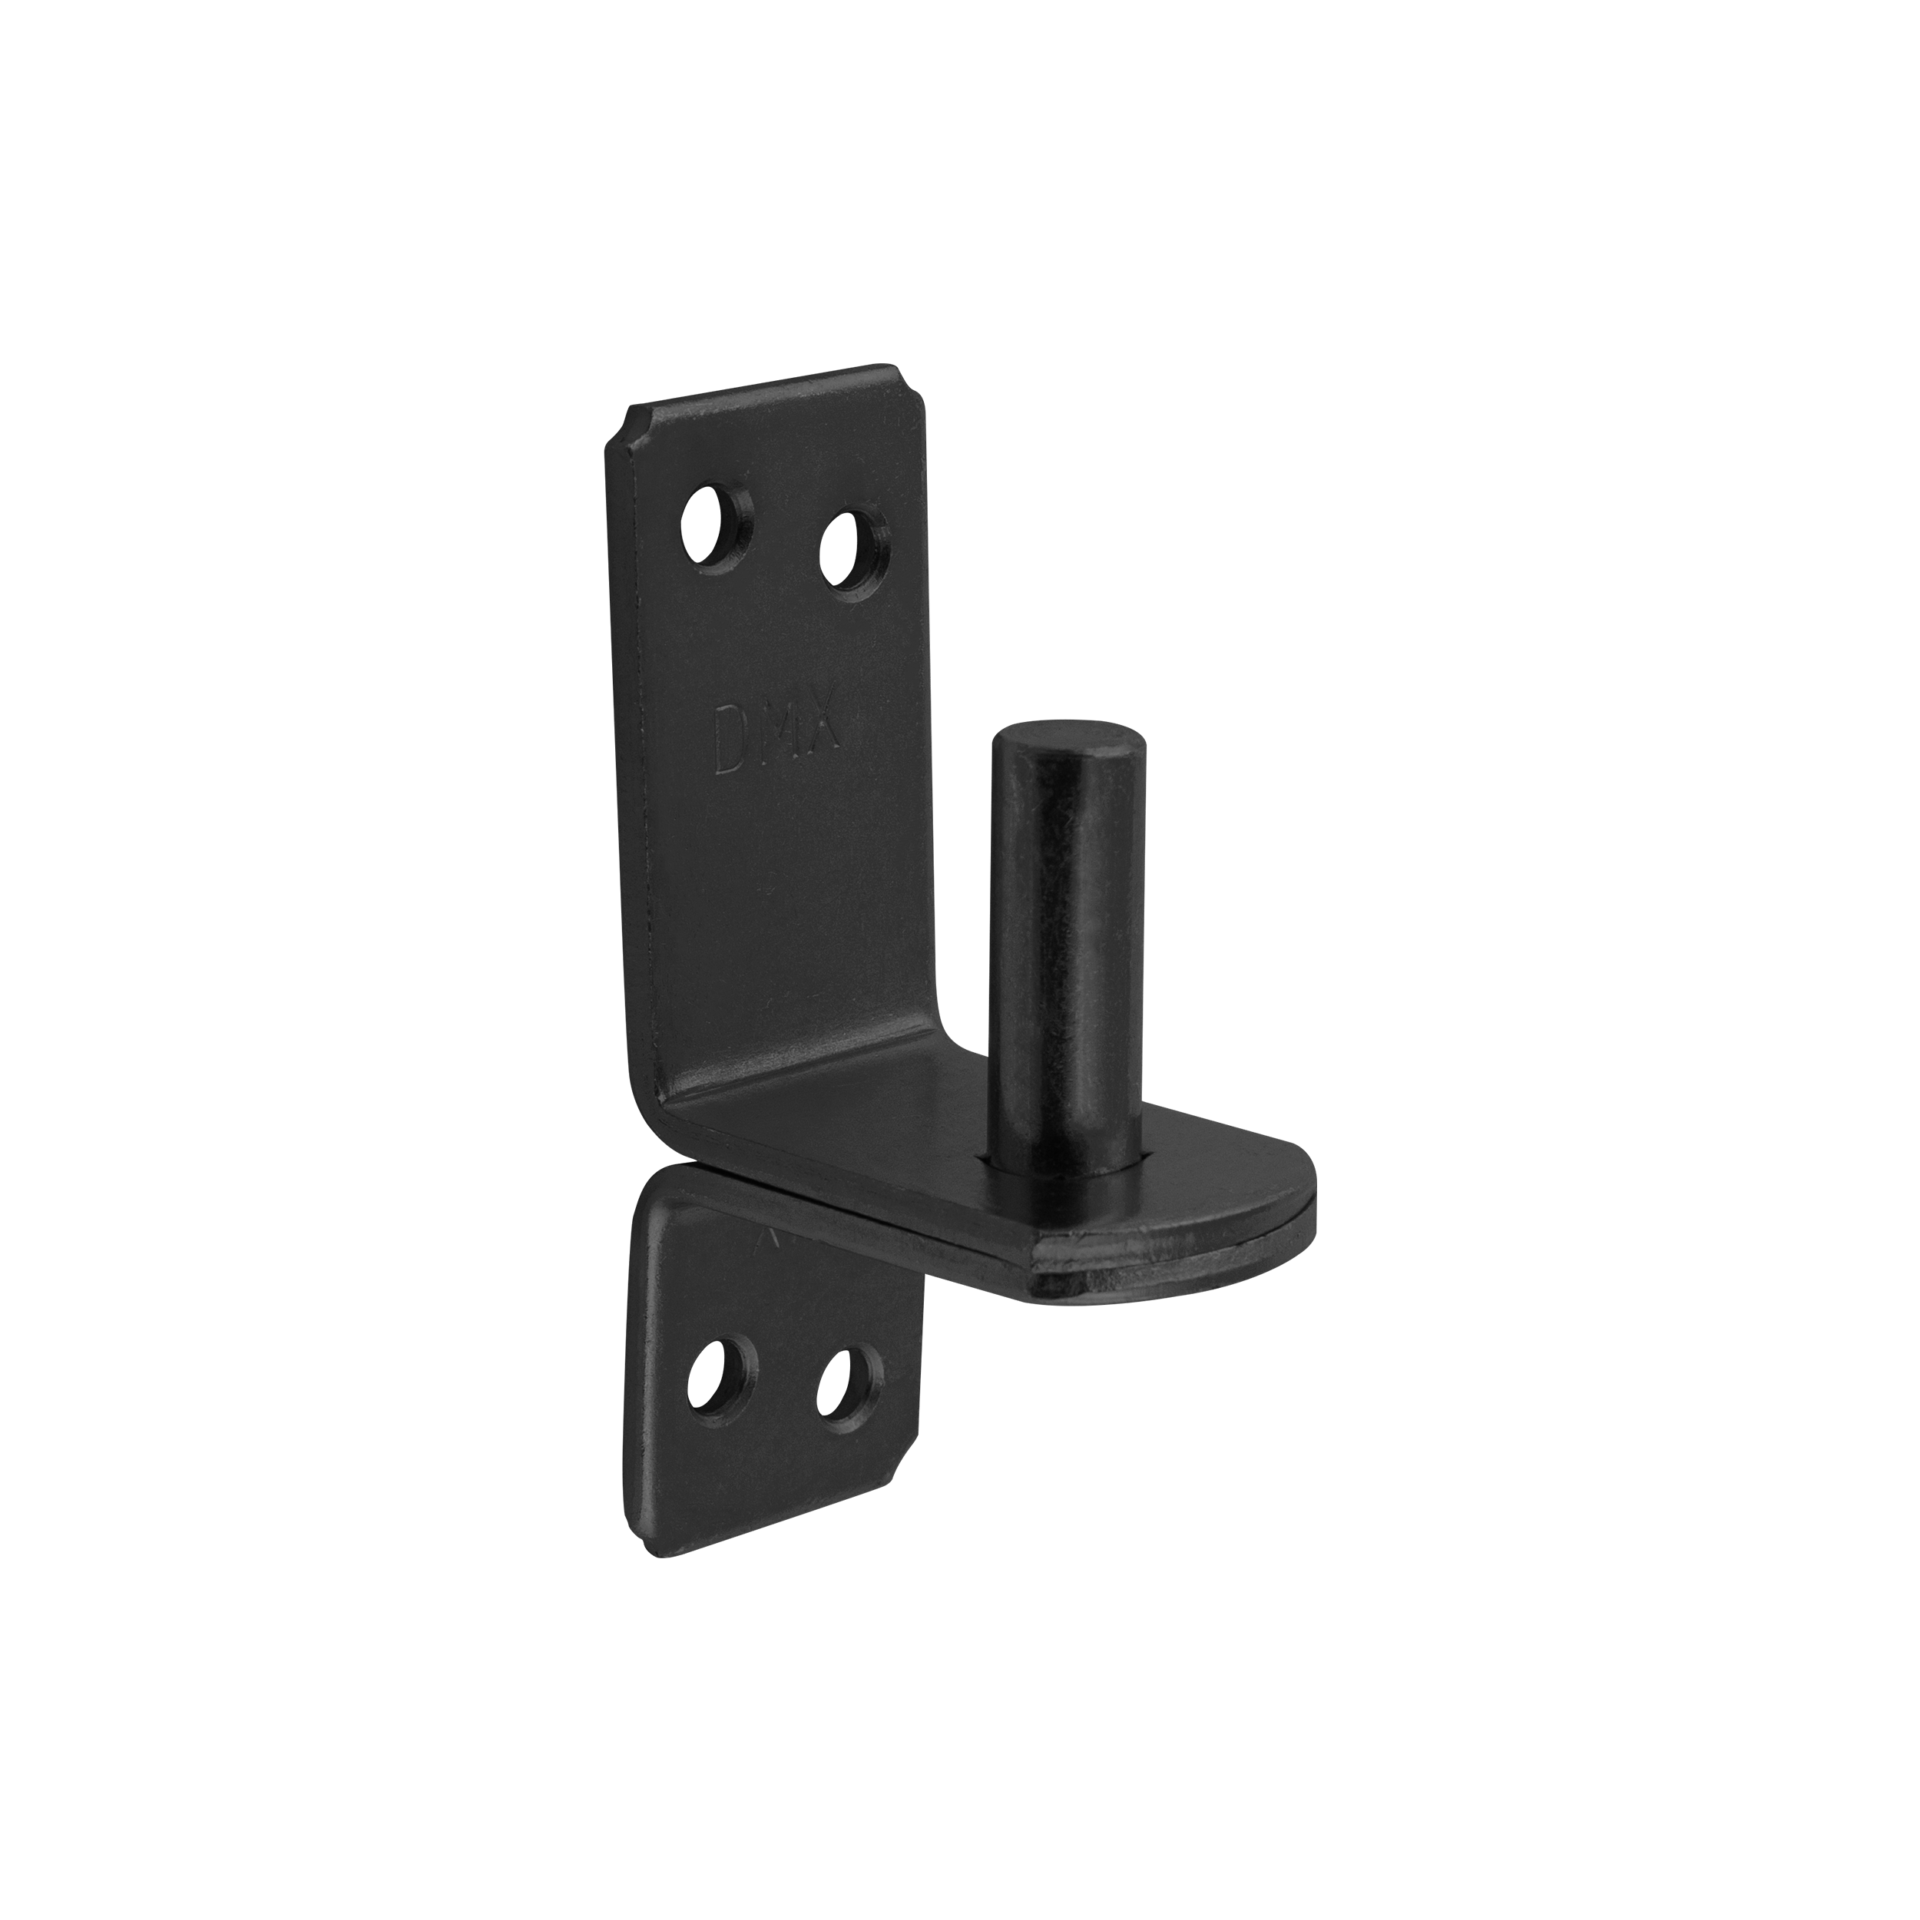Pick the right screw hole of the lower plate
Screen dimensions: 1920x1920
[849, 1383]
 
